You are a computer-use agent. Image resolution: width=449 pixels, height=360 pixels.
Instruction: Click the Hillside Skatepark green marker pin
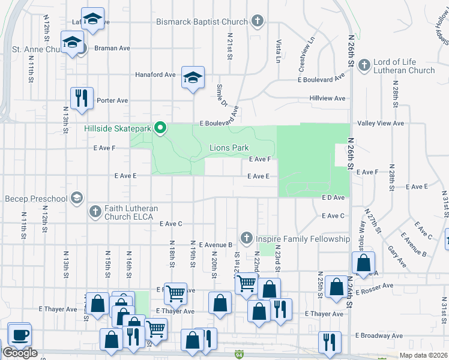(x=160, y=127)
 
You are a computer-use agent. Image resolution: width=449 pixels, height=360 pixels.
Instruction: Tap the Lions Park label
(x=229, y=148)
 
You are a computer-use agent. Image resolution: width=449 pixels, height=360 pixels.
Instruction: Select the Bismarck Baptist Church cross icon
(x=257, y=22)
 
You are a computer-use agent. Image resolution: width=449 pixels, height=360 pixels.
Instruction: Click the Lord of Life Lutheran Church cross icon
(x=364, y=65)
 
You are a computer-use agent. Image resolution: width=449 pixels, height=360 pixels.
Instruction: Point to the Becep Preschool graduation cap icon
(x=76, y=197)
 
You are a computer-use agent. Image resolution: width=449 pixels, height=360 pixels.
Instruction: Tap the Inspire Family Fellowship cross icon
(x=246, y=239)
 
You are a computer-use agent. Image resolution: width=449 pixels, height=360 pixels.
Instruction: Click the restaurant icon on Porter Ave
(x=80, y=97)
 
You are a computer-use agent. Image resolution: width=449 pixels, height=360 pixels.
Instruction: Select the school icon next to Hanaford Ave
(x=193, y=77)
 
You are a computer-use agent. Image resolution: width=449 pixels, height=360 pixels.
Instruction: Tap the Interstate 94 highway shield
(x=239, y=355)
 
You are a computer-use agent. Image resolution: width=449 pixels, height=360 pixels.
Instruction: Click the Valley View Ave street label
(x=381, y=123)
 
